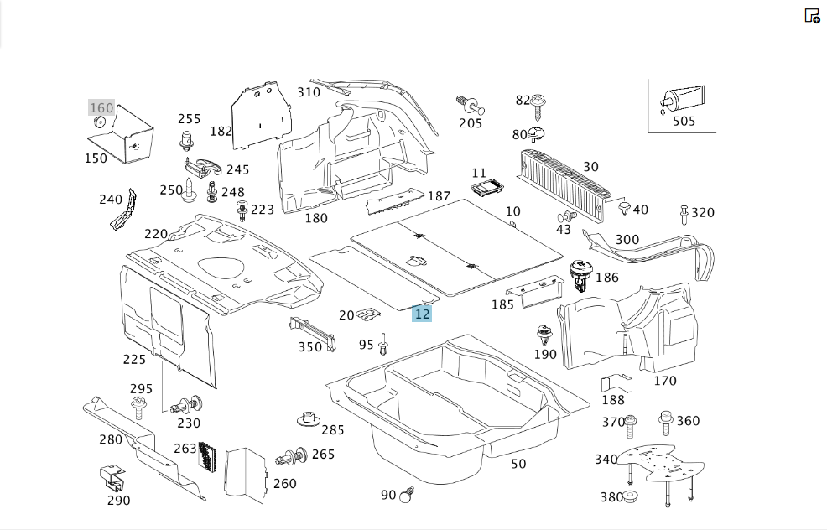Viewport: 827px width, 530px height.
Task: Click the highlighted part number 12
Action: click(422, 314)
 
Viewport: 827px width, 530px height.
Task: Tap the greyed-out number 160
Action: click(101, 108)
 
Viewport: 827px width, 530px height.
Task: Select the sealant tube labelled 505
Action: click(682, 100)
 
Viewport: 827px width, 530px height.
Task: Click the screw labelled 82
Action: click(538, 107)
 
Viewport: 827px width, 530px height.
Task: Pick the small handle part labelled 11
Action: click(486, 187)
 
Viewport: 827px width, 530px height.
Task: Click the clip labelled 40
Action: click(625, 207)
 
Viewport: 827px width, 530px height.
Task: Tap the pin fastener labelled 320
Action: click(684, 215)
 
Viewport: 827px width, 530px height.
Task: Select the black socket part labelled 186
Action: click(580, 275)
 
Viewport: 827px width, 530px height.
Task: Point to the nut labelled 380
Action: click(630, 496)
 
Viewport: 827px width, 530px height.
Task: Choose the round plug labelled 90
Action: click(407, 495)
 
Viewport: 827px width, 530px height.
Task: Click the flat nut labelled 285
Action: click(309, 420)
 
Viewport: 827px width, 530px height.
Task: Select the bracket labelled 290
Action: click(113, 477)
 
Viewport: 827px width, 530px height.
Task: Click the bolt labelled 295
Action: click(138, 408)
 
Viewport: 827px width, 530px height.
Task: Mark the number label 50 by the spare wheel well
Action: click(518, 464)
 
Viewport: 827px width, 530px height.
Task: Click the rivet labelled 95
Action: click(383, 344)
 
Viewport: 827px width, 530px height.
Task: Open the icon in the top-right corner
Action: click(812, 16)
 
